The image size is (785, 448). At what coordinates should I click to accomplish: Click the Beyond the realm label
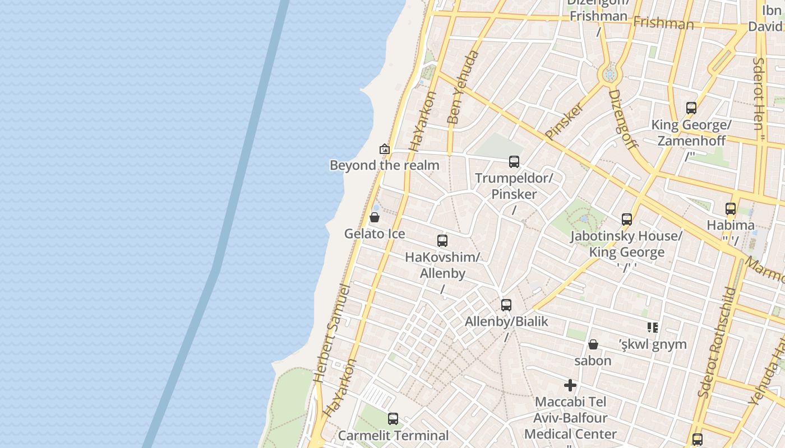[x=384, y=165]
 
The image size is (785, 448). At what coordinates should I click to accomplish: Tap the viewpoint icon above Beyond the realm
[x=385, y=149]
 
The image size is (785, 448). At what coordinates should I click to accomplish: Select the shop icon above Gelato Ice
[x=375, y=217]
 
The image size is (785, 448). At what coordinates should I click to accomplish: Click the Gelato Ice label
[x=375, y=234]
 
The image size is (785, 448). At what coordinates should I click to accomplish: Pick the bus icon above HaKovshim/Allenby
[x=442, y=241]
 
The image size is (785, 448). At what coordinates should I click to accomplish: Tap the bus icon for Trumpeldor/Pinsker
[x=514, y=162]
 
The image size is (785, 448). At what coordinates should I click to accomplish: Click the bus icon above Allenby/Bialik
[x=506, y=305]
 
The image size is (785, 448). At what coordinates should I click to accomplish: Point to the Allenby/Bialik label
[x=506, y=321]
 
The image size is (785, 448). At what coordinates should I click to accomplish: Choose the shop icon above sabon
[x=593, y=344]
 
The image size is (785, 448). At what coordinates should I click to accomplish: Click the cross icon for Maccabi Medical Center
[x=570, y=385]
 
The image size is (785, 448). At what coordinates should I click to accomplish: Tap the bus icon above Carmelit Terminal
[x=393, y=418]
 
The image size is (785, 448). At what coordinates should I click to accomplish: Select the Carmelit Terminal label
[x=393, y=435]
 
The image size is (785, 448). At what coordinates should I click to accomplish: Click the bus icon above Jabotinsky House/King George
[x=627, y=220]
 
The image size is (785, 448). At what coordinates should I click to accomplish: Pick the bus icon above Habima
[x=731, y=209]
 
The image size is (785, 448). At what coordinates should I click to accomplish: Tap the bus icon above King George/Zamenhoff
[x=691, y=108]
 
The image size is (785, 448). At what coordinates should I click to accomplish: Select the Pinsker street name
[x=564, y=121]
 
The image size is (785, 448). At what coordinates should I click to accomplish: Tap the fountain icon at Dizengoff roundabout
[x=610, y=74]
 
